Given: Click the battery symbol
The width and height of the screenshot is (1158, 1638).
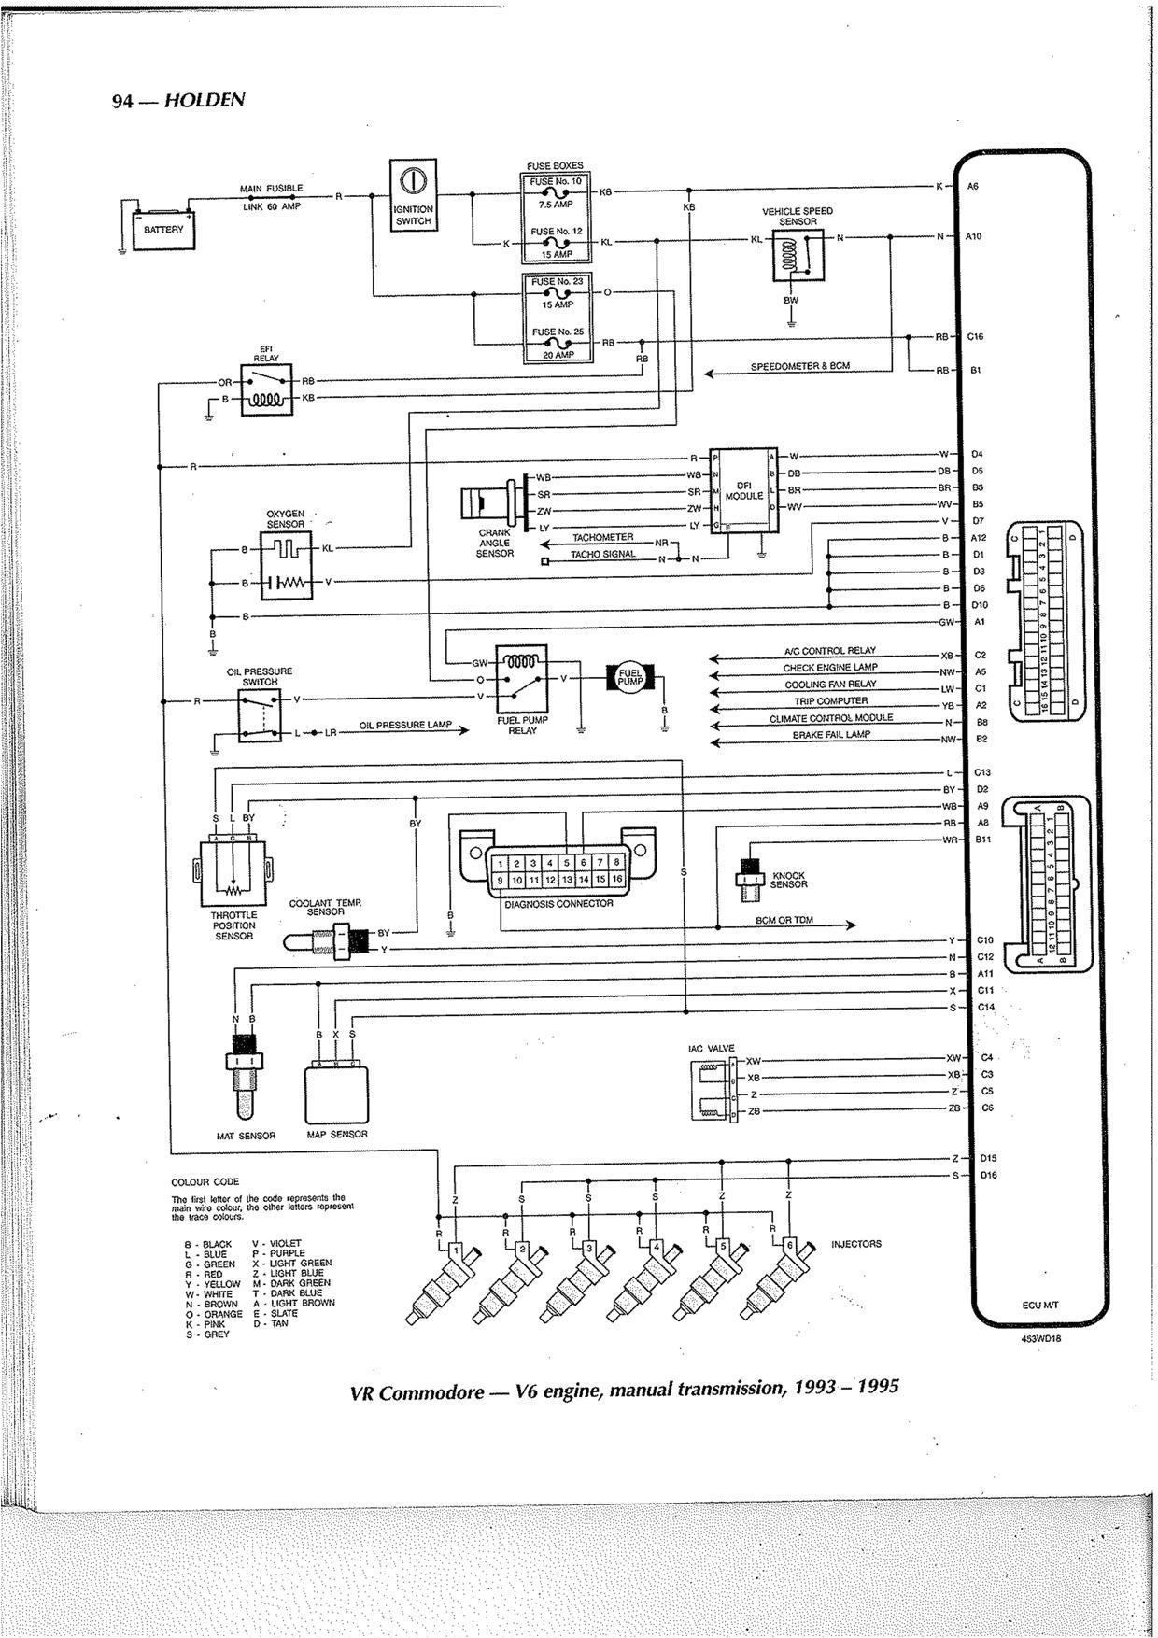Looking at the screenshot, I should pos(164,227).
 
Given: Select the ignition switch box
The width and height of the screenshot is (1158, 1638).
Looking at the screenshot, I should pos(413,194).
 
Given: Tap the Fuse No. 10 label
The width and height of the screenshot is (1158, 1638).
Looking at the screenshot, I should pos(557,181).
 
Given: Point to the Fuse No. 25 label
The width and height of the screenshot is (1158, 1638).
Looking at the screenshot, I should pos(558,332).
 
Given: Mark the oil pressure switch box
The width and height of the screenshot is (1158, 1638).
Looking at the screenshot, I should pos(260,714).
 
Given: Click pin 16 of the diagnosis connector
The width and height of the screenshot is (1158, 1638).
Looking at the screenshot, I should pos(616,879).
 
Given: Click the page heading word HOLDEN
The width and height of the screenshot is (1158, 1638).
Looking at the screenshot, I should pos(205,100).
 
